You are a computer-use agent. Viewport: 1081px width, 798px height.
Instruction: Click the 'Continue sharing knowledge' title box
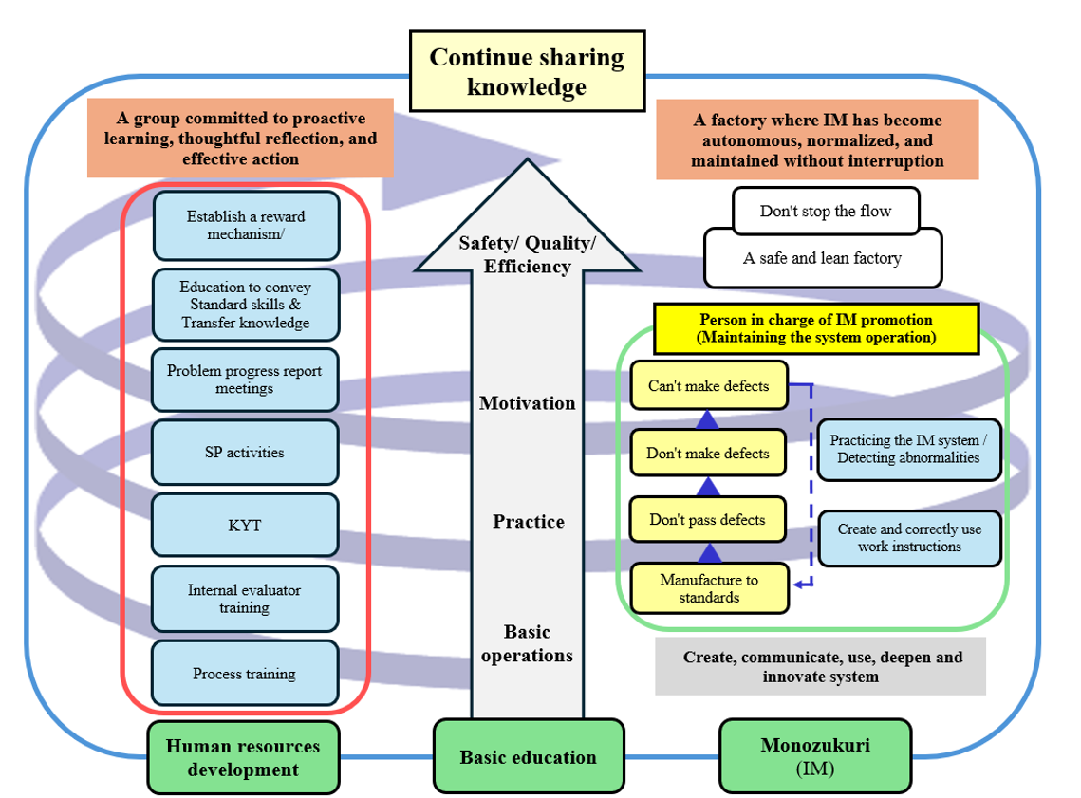pyautogui.click(x=526, y=70)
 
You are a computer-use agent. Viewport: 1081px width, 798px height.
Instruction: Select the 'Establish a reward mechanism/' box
pyautogui.click(x=246, y=225)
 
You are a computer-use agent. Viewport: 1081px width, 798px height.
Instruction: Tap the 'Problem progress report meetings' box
pyautogui.click(x=245, y=380)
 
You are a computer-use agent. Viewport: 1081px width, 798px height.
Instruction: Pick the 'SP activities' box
pyautogui.click(x=245, y=453)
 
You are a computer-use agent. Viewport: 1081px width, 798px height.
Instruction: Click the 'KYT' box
pyautogui.click(x=245, y=525)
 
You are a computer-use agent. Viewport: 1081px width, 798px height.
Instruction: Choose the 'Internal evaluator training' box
pyautogui.click(x=245, y=599)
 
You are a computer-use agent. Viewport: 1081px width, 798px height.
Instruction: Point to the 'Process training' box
pyautogui.click(x=245, y=674)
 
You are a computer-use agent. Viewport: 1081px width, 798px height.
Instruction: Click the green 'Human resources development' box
pyautogui.click(x=243, y=757)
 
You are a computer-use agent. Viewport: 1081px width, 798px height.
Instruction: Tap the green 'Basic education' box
pyautogui.click(x=529, y=756)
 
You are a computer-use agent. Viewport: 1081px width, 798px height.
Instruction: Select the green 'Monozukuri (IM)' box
pyautogui.click(x=815, y=756)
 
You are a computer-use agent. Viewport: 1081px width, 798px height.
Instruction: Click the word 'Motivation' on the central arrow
pyautogui.click(x=528, y=403)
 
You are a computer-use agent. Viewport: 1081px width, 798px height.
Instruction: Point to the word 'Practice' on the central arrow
pyautogui.click(x=529, y=522)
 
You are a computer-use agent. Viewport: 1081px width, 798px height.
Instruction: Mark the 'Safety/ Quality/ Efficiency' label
pyautogui.click(x=528, y=254)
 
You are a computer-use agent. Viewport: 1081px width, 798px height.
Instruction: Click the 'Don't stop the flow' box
pyautogui.click(x=826, y=211)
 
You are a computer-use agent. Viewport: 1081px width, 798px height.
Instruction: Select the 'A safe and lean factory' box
pyautogui.click(x=822, y=257)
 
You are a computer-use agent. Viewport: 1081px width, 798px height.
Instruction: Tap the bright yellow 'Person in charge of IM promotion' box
pyautogui.click(x=815, y=328)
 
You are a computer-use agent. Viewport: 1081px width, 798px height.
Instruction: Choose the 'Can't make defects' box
pyautogui.click(x=709, y=386)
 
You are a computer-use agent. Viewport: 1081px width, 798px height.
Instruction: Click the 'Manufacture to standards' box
pyautogui.click(x=709, y=588)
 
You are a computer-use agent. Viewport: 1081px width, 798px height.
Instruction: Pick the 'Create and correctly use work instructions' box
pyautogui.click(x=909, y=538)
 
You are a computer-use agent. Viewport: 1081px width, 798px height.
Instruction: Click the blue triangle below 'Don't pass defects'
pyautogui.click(x=709, y=553)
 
